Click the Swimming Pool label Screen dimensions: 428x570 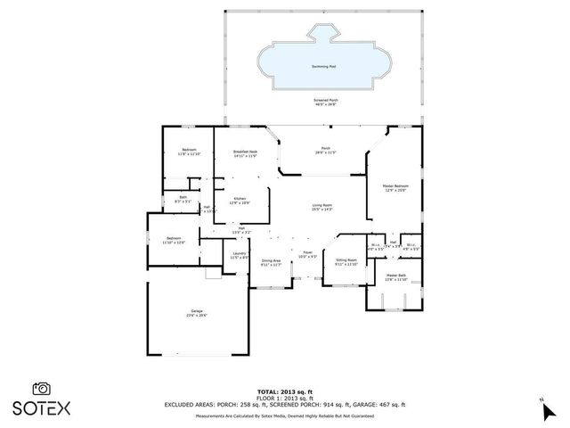(x=324, y=66)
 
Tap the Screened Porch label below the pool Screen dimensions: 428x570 (x=324, y=102)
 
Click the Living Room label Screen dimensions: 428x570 (x=322, y=207)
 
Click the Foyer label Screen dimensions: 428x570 (x=306, y=254)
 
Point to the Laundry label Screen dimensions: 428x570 (x=239, y=256)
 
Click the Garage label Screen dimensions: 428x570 (x=196, y=313)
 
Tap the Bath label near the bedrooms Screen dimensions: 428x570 (x=183, y=200)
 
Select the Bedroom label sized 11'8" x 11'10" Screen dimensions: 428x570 (x=189, y=152)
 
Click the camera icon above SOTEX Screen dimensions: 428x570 (x=41, y=388)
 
